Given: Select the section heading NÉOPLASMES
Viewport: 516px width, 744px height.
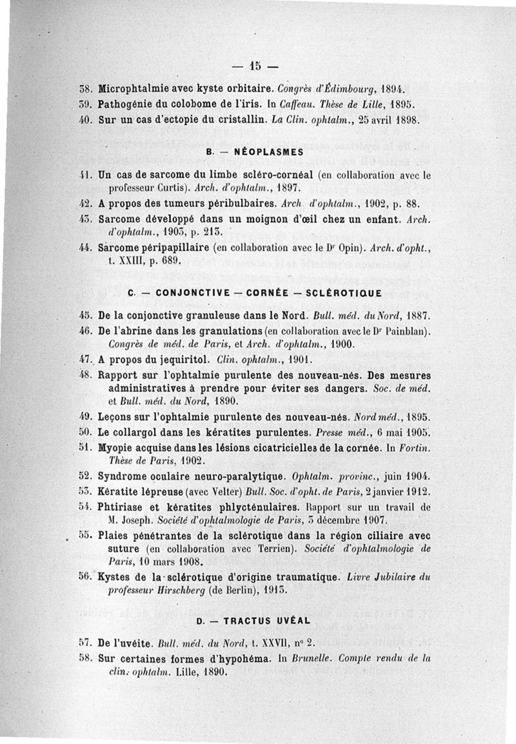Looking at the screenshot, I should pyautogui.click(x=257, y=152).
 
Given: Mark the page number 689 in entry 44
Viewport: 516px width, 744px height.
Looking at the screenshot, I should pyautogui.click(x=166, y=262).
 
